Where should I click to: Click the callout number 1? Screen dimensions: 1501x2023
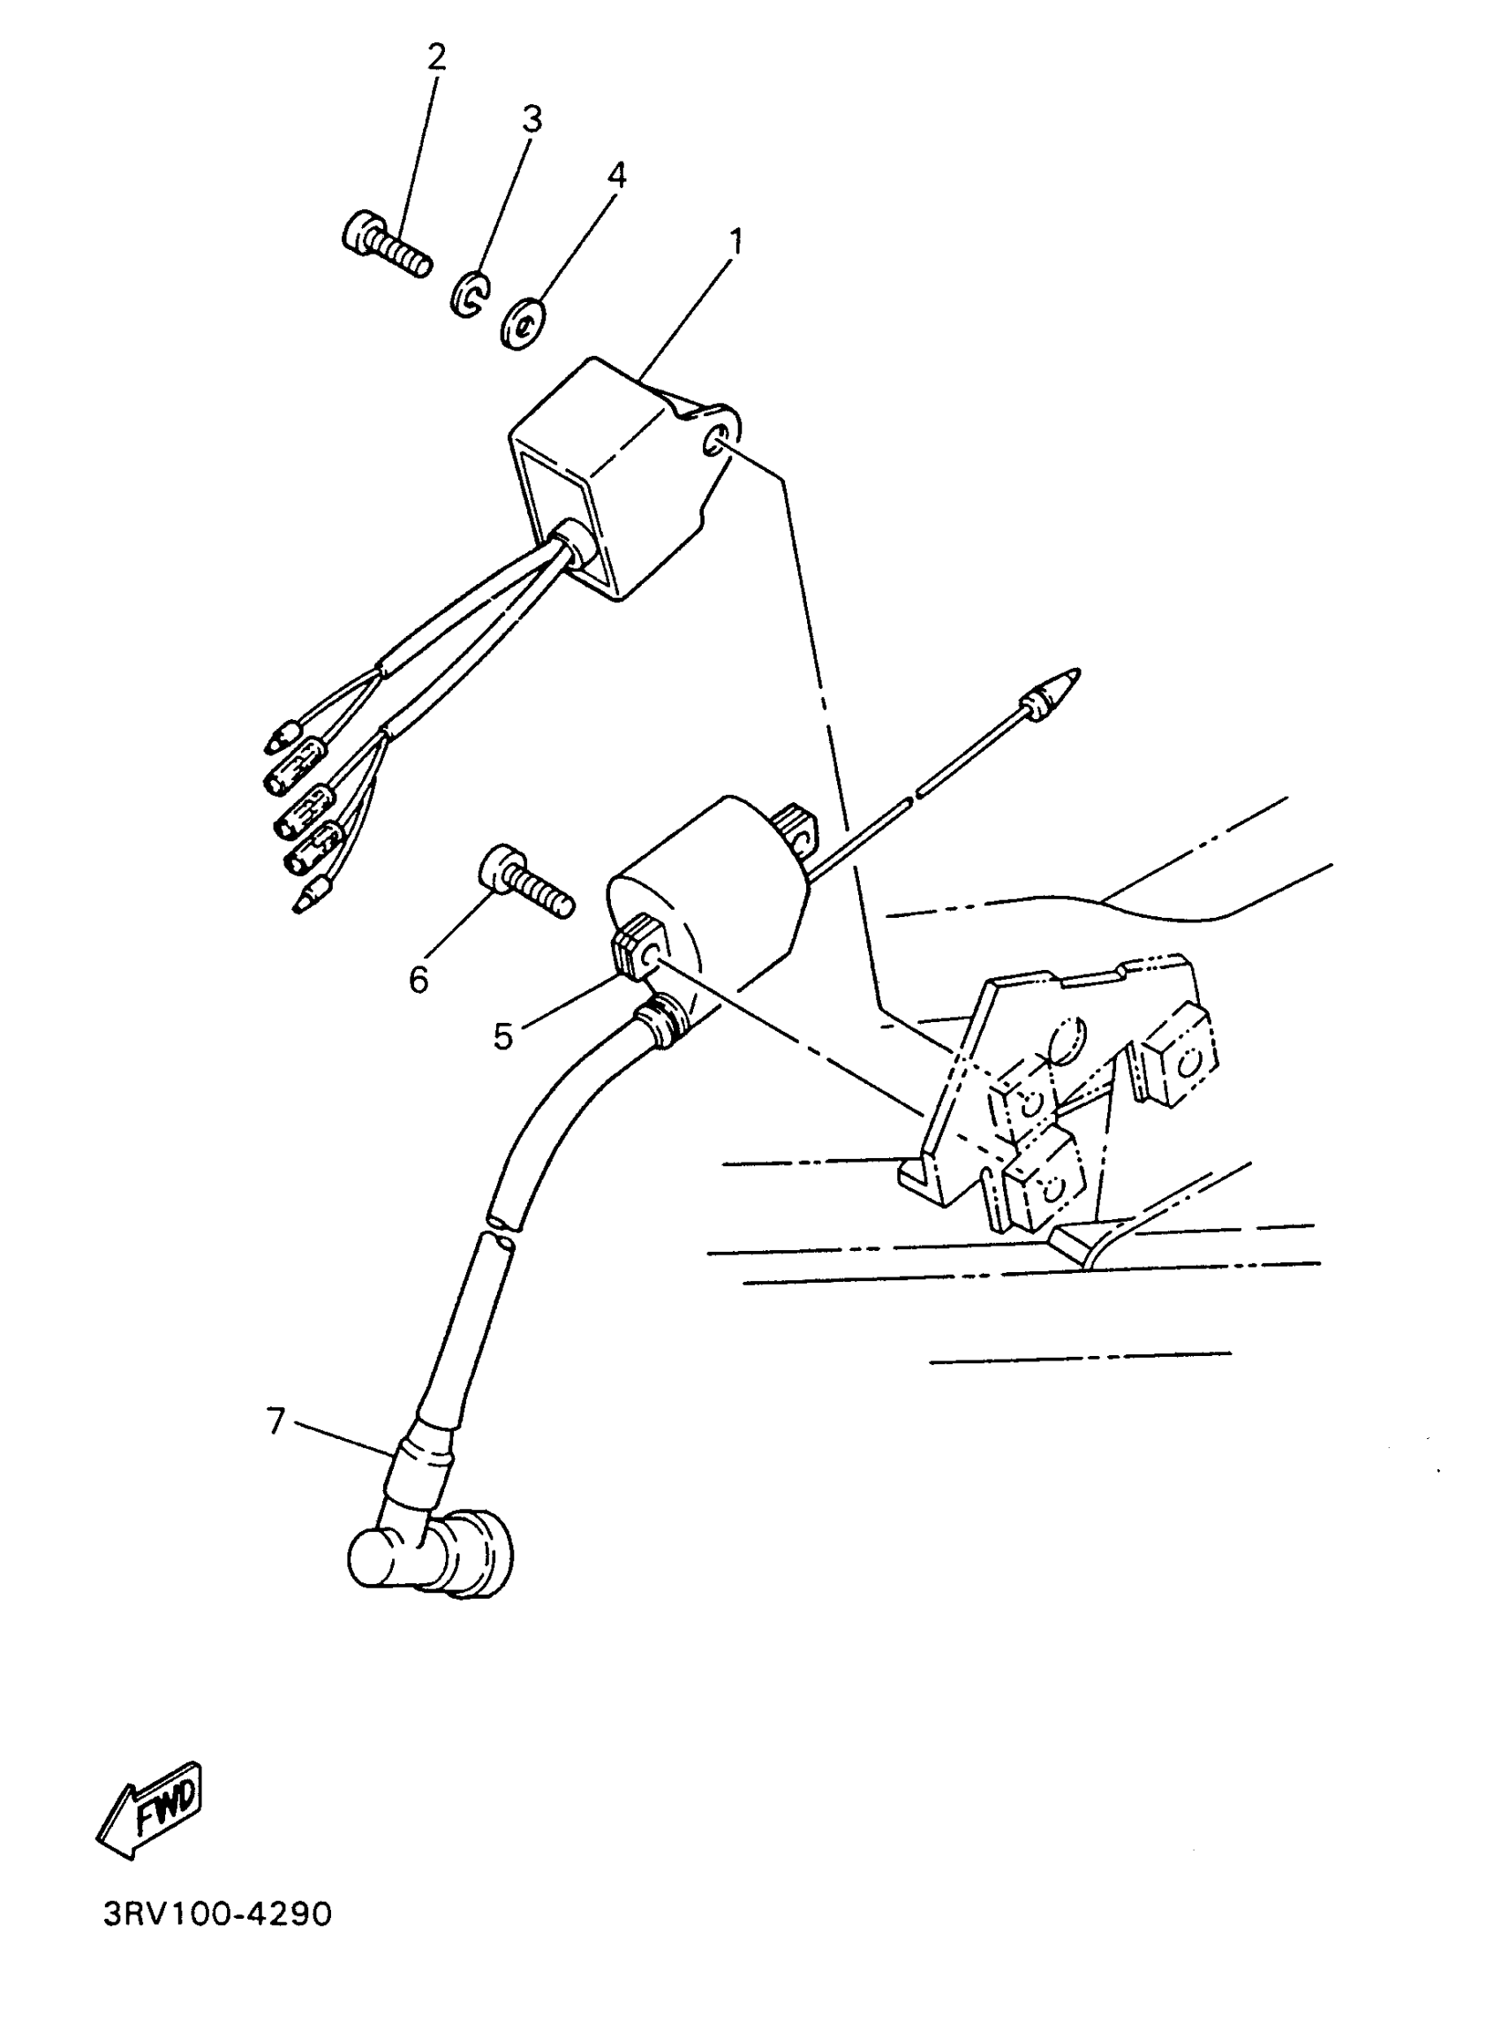[736, 242]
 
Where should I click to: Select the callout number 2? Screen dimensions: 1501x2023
[437, 57]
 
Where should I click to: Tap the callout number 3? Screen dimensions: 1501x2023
[532, 119]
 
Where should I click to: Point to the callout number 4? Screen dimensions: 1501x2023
[617, 175]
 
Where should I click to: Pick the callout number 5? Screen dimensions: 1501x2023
[502, 1036]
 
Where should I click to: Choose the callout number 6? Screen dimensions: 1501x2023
[418, 980]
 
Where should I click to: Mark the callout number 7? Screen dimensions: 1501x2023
[276, 1420]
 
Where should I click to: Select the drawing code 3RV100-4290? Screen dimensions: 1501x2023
[217, 1915]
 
